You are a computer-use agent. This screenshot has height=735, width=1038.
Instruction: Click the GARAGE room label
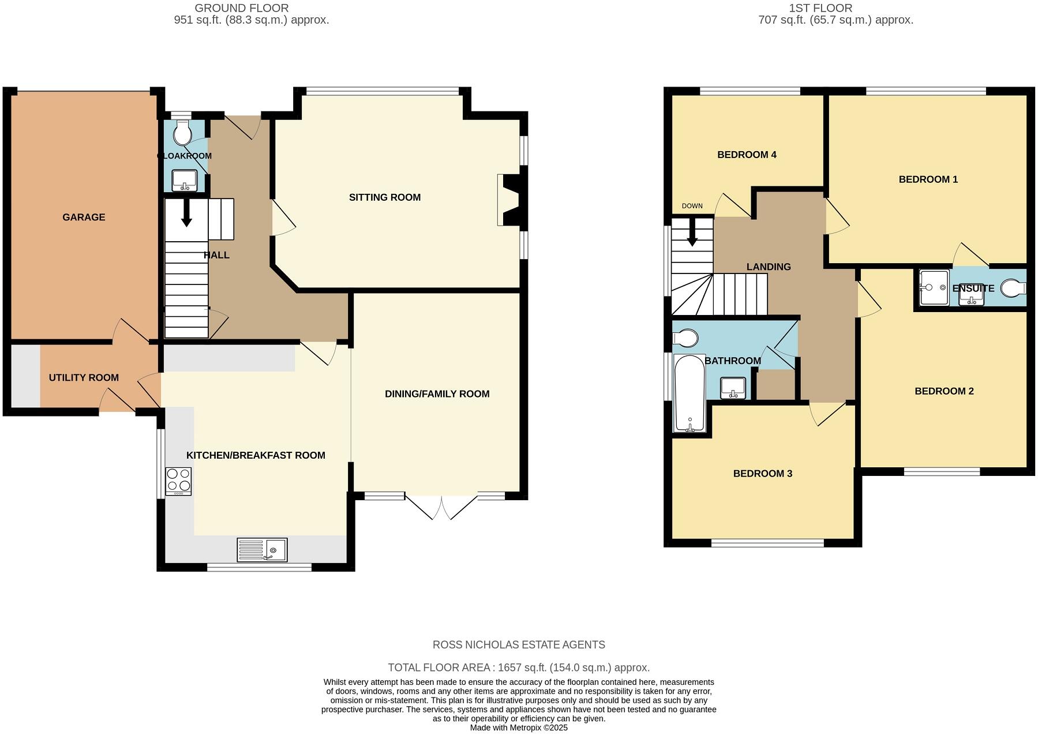click(84, 217)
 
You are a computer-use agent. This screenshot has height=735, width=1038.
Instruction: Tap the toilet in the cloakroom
click(183, 133)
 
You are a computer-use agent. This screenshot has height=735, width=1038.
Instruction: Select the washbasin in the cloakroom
click(185, 180)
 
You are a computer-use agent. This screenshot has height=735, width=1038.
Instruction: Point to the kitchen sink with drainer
click(262, 550)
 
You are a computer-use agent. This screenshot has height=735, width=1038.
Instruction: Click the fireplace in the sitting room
click(509, 200)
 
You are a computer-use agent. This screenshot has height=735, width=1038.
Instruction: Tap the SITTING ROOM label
click(384, 197)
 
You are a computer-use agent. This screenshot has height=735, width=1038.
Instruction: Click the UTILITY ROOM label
click(84, 378)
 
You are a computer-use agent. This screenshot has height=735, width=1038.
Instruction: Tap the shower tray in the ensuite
click(934, 287)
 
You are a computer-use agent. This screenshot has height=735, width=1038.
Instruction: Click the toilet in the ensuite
click(1014, 287)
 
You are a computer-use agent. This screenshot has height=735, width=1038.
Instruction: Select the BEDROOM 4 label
click(747, 155)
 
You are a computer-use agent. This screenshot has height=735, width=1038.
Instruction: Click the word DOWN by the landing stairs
click(692, 206)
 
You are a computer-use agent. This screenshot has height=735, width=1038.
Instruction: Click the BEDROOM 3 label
click(762, 474)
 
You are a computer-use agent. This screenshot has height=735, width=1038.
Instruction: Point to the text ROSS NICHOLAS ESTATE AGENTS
click(519, 645)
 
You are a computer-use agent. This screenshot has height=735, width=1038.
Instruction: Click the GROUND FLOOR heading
click(241, 8)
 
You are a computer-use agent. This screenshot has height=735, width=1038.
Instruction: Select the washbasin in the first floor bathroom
click(733, 388)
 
